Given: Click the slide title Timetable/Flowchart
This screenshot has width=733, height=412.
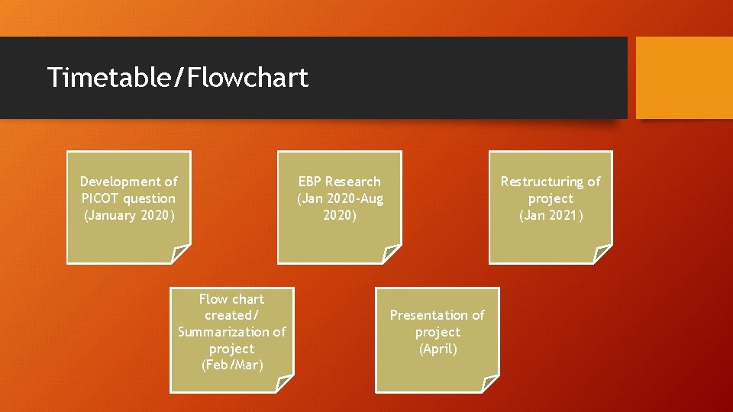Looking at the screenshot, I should tap(177, 78).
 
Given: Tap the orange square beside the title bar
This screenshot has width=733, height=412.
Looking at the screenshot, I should tap(683, 78).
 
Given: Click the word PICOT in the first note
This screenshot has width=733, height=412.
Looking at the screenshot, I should tap(98, 198).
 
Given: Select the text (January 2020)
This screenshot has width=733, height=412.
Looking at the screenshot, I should tap(128, 215).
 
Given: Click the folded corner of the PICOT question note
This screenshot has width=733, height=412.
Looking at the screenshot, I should tap(181, 253).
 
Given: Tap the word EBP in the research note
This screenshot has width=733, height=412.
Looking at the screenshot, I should tap(309, 182).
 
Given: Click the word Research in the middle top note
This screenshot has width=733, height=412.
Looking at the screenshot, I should tap(352, 182).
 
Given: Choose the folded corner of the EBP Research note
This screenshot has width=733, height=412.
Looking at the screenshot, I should tap(391, 253).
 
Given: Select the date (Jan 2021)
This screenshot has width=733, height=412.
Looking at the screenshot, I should tap(551, 215).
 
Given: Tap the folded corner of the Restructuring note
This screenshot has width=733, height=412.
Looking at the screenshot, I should tap(602, 253).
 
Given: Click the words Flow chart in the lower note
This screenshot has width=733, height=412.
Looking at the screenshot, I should tap(231, 299).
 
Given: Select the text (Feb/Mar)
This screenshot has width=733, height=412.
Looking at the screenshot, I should tap(231, 365).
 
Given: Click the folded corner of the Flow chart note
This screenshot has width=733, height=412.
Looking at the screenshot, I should tap(283, 384).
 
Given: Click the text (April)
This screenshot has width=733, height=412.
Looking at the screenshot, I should tap(438, 349).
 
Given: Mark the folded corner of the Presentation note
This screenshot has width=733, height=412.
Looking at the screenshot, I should tap(490, 384).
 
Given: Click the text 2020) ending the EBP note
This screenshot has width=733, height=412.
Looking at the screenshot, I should tap(339, 215).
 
